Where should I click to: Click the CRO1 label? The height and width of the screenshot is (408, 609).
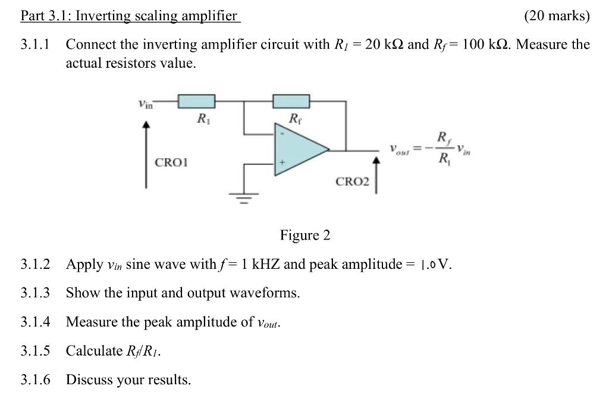(x=171, y=162)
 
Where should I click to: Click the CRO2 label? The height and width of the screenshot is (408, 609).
(x=352, y=181)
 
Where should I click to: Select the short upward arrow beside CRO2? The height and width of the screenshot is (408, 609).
(x=376, y=175)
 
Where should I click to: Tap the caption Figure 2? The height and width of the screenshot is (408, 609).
(x=304, y=236)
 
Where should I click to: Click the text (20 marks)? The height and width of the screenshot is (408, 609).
(x=557, y=16)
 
